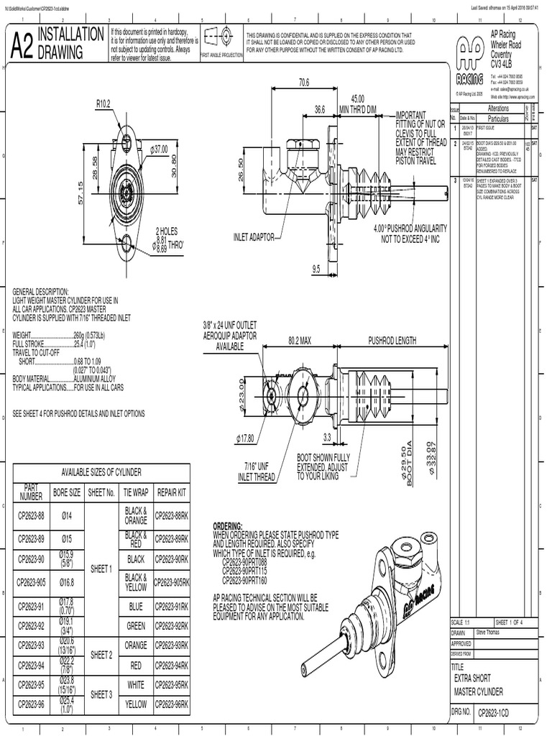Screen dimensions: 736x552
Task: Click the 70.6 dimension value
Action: click(x=303, y=83)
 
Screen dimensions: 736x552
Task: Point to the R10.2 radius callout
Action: click(x=103, y=103)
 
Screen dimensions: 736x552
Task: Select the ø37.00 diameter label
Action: click(x=158, y=149)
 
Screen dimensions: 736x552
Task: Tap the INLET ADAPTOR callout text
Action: click(x=254, y=237)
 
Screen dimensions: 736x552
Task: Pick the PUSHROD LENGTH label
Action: click(x=392, y=340)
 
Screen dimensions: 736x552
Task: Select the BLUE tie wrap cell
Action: click(x=136, y=607)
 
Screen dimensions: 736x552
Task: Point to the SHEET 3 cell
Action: click(x=101, y=695)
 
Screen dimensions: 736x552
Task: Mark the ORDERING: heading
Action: click(x=229, y=526)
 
